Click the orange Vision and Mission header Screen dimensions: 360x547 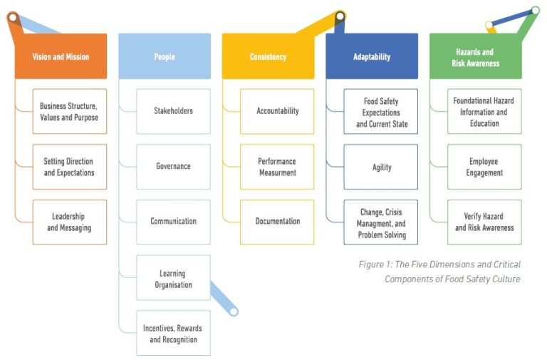click(61, 56)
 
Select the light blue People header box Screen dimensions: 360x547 click(165, 56)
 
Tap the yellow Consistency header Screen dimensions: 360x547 click(268, 56)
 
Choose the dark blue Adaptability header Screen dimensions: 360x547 click(372, 56)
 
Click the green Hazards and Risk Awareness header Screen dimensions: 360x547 click(475, 56)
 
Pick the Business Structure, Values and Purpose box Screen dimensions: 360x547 click(69, 111)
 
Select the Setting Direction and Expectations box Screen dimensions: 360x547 click(69, 167)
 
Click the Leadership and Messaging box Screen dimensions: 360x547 click(69, 222)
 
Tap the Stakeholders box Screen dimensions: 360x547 click(173, 111)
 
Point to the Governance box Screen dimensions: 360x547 click(173, 167)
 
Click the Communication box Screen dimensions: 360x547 click(173, 222)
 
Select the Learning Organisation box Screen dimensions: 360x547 click(173, 278)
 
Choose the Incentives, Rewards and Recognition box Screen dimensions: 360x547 click(173, 333)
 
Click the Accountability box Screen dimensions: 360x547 click(277, 111)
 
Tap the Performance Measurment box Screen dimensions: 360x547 click(277, 167)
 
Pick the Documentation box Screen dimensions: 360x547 click(277, 222)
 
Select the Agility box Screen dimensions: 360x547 click(381, 167)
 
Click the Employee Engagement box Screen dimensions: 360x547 click(484, 167)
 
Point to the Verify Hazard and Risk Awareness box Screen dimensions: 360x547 click(484, 222)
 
